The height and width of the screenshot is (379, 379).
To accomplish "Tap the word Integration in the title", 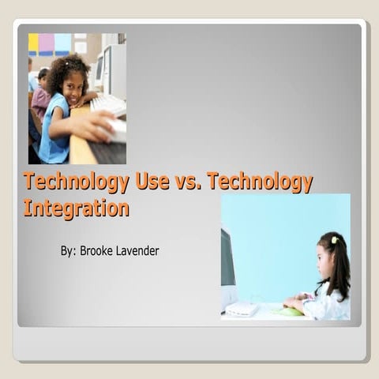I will point(76,208).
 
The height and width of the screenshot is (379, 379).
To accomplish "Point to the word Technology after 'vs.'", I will point(265,182).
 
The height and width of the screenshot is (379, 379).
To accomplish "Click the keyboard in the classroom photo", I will point(110,104).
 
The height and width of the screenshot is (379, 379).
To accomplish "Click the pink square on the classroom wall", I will point(47,43).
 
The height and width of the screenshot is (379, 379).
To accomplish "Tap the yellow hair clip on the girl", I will point(334,240).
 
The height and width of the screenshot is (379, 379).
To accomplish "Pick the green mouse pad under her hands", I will point(290,311).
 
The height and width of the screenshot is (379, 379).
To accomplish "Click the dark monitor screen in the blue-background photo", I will point(227,257).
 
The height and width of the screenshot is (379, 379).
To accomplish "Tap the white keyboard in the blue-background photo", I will point(242,309).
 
